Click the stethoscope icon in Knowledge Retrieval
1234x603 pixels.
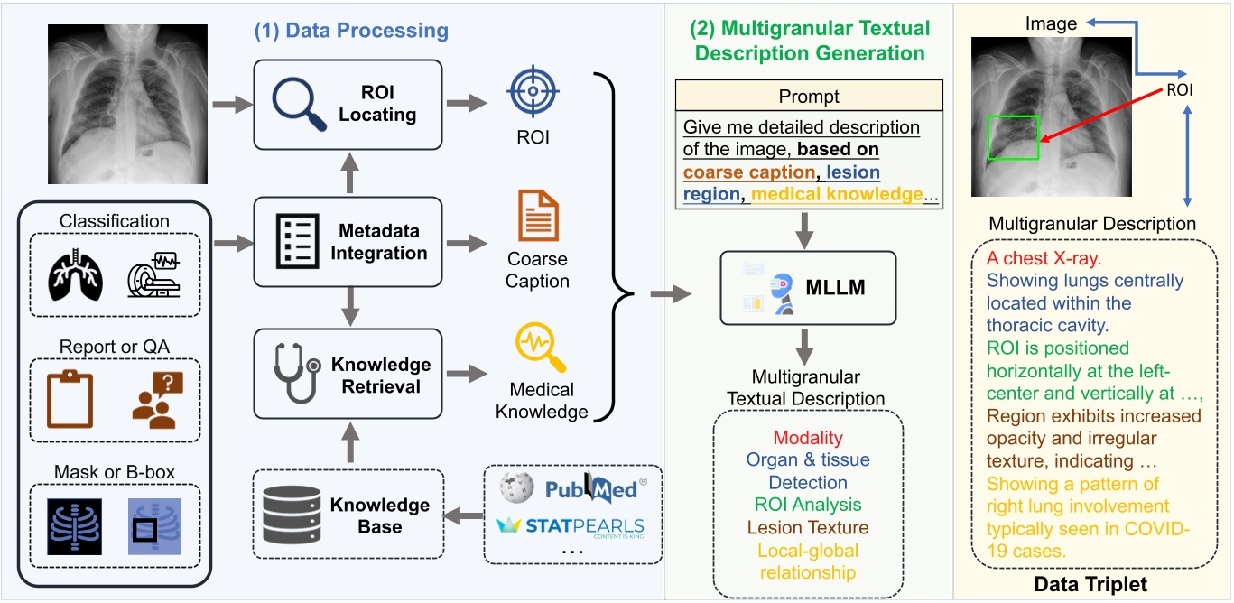(x=297, y=375)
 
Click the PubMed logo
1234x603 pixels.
(x=594, y=488)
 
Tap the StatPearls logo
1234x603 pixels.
(x=571, y=526)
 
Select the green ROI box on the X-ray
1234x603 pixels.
(x=1013, y=138)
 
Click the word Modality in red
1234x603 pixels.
(x=808, y=437)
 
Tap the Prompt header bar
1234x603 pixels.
(x=808, y=96)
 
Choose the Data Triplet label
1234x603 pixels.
(x=1091, y=585)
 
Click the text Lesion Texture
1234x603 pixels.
(x=808, y=527)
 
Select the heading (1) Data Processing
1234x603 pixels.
(x=350, y=31)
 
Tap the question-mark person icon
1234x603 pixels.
(x=156, y=398)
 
